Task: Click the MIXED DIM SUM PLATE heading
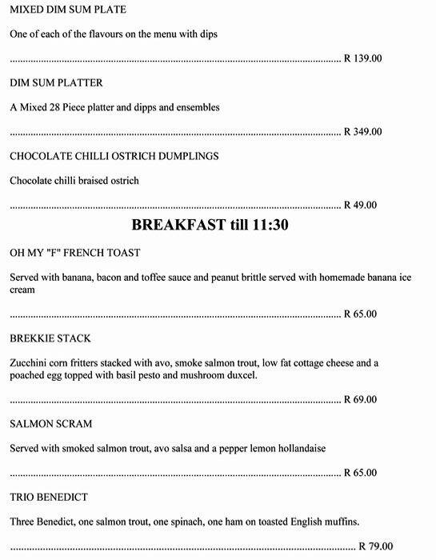click(x=68, y=10)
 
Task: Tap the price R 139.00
click(x=362, y=59)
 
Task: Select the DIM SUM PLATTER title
click(x=56, y=83)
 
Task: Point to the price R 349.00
click(x=362, y=132)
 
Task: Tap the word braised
click(x=101, y=181)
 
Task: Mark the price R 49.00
click(x=360, y=206)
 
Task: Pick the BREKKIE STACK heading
click(x=50, y=338)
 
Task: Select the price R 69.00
click(x=360, y=400)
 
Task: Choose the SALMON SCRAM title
click(x=51, y=424)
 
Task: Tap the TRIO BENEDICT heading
click(x=49, y=498)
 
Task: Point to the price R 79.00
click(x=375, y=547)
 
